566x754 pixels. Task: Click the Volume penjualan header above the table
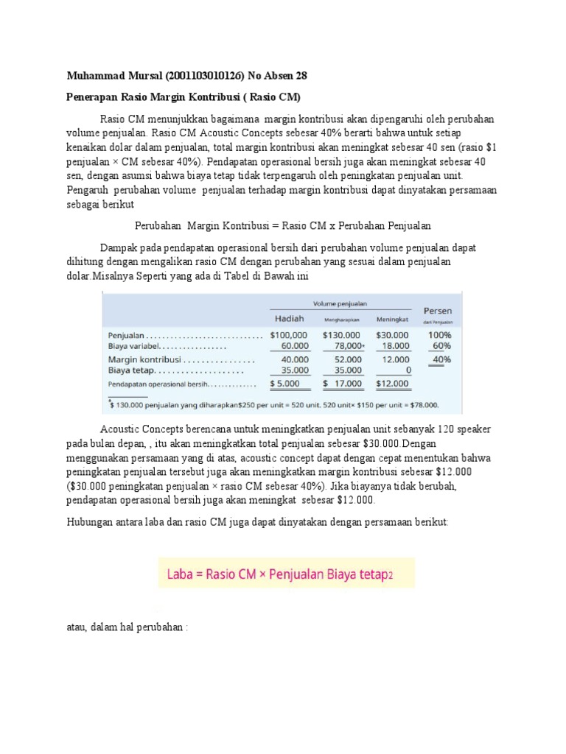tap(340, 302)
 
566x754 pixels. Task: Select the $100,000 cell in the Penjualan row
tap(288, 334)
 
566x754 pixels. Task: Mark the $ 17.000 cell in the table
tap(343, 384)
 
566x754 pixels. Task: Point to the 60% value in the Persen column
tap(441, 345)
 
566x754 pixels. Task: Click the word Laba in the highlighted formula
tap(183, 572)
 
